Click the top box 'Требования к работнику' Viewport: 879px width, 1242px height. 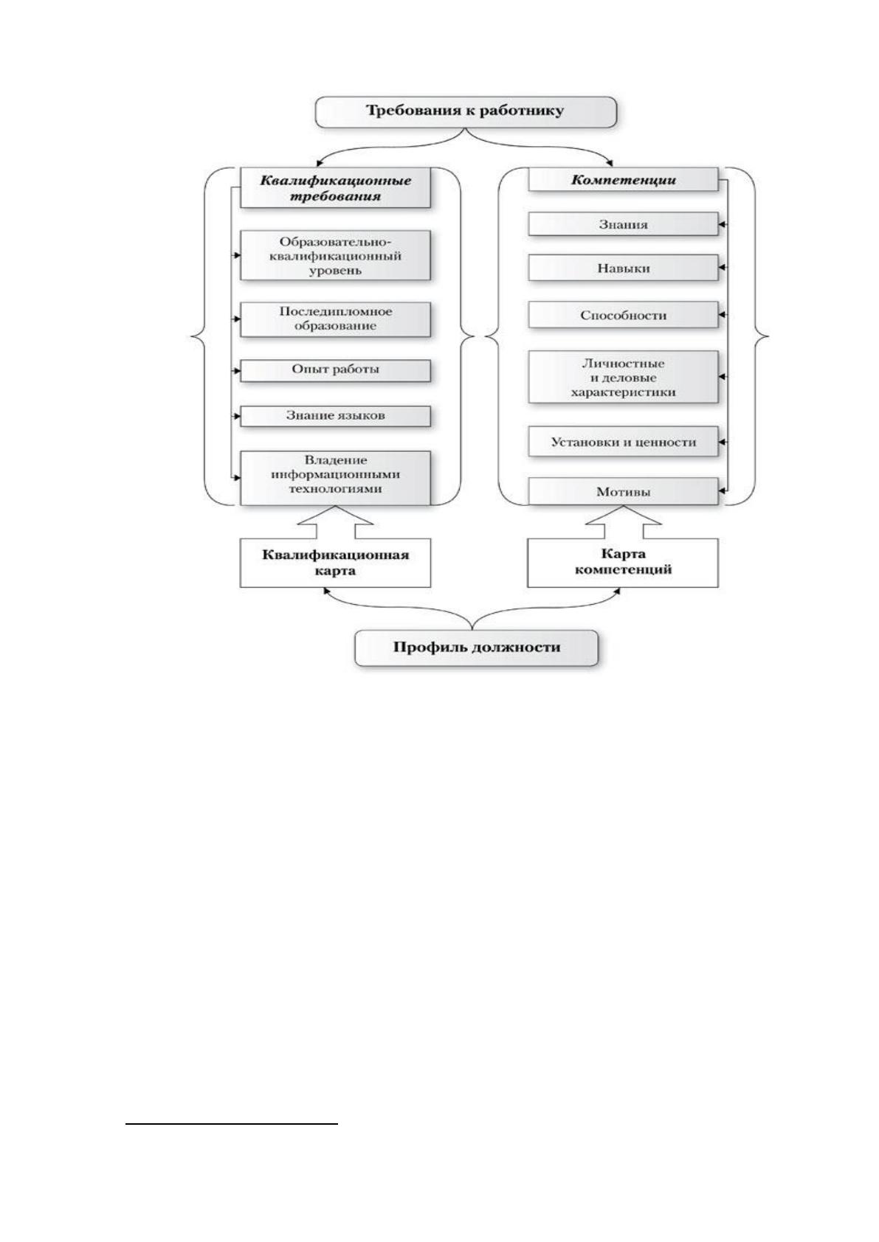pyautogui.click(x=466, y=112)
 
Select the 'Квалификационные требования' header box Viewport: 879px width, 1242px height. pyautogui.click(x=335, y=189)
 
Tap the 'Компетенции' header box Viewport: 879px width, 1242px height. pyautogui.click(x=623, y=180)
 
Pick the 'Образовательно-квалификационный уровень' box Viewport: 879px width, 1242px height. pyautogui.click(x=335, y=256)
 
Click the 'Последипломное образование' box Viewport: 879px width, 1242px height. pyautogui.click(x=335, y=319)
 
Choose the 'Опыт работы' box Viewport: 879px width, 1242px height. pyautogui.click(x=335, y=370)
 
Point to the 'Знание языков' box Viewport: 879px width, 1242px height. pyautogui.click(x=335, y=417)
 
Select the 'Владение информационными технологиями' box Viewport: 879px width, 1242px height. pyautogui.click(x=335, y=478)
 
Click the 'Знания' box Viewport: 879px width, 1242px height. pyautogui.click(x=623, y=224)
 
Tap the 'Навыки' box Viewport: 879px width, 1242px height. pyautogui.click(x=623, y=268)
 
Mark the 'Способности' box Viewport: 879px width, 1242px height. pyautogui.click(x=623, y=315)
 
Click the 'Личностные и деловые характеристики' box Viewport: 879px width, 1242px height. pyautogui.click(x=623, y=377)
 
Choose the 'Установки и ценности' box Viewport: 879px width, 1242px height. pyautogui.click(x=623, y=442)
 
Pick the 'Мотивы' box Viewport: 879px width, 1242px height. pyautogui.click(x=623, y=492)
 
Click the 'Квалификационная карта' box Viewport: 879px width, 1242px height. pyautogui.click(x=335, y=563)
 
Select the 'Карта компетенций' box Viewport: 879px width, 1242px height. pyautogui.click(x=623, y=563)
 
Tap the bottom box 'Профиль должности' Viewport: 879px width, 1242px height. pyautogui.click(x=477, y=648)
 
